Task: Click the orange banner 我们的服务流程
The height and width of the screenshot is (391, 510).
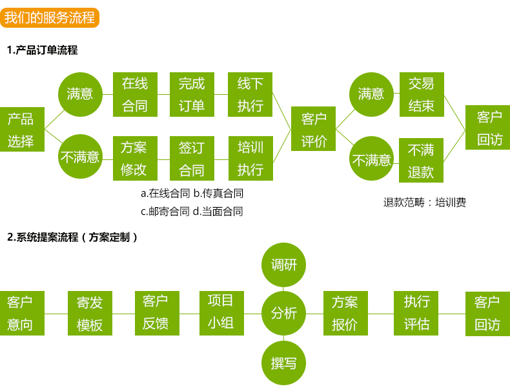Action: pos(49,17)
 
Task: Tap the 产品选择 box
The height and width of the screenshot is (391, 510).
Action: pos(21,129)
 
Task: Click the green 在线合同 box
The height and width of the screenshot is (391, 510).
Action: pos(135,94)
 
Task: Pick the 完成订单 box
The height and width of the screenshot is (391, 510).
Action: pos(192,94)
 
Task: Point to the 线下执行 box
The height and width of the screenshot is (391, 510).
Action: pos(250,94)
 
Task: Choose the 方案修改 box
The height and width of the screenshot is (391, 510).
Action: pos(134,158)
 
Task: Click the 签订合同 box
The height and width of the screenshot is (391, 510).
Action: pos(192,158)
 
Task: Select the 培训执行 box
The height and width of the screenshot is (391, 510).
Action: pos(250,158)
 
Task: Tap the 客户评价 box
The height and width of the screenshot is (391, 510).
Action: pos(314,129)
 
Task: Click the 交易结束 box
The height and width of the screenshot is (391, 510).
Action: pos(422,94)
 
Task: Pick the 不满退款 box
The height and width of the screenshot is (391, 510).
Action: pos(421,161)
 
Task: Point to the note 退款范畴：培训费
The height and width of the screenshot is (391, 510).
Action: pos(424,203)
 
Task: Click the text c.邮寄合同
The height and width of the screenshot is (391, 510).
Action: pos(165,211)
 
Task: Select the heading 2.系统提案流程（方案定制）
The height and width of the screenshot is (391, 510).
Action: pos(72,237)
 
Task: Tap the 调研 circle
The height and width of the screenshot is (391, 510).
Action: pos(284,265)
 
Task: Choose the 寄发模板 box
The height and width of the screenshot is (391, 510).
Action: pos(90,313)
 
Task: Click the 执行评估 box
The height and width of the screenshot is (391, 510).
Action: pos(416,313)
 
